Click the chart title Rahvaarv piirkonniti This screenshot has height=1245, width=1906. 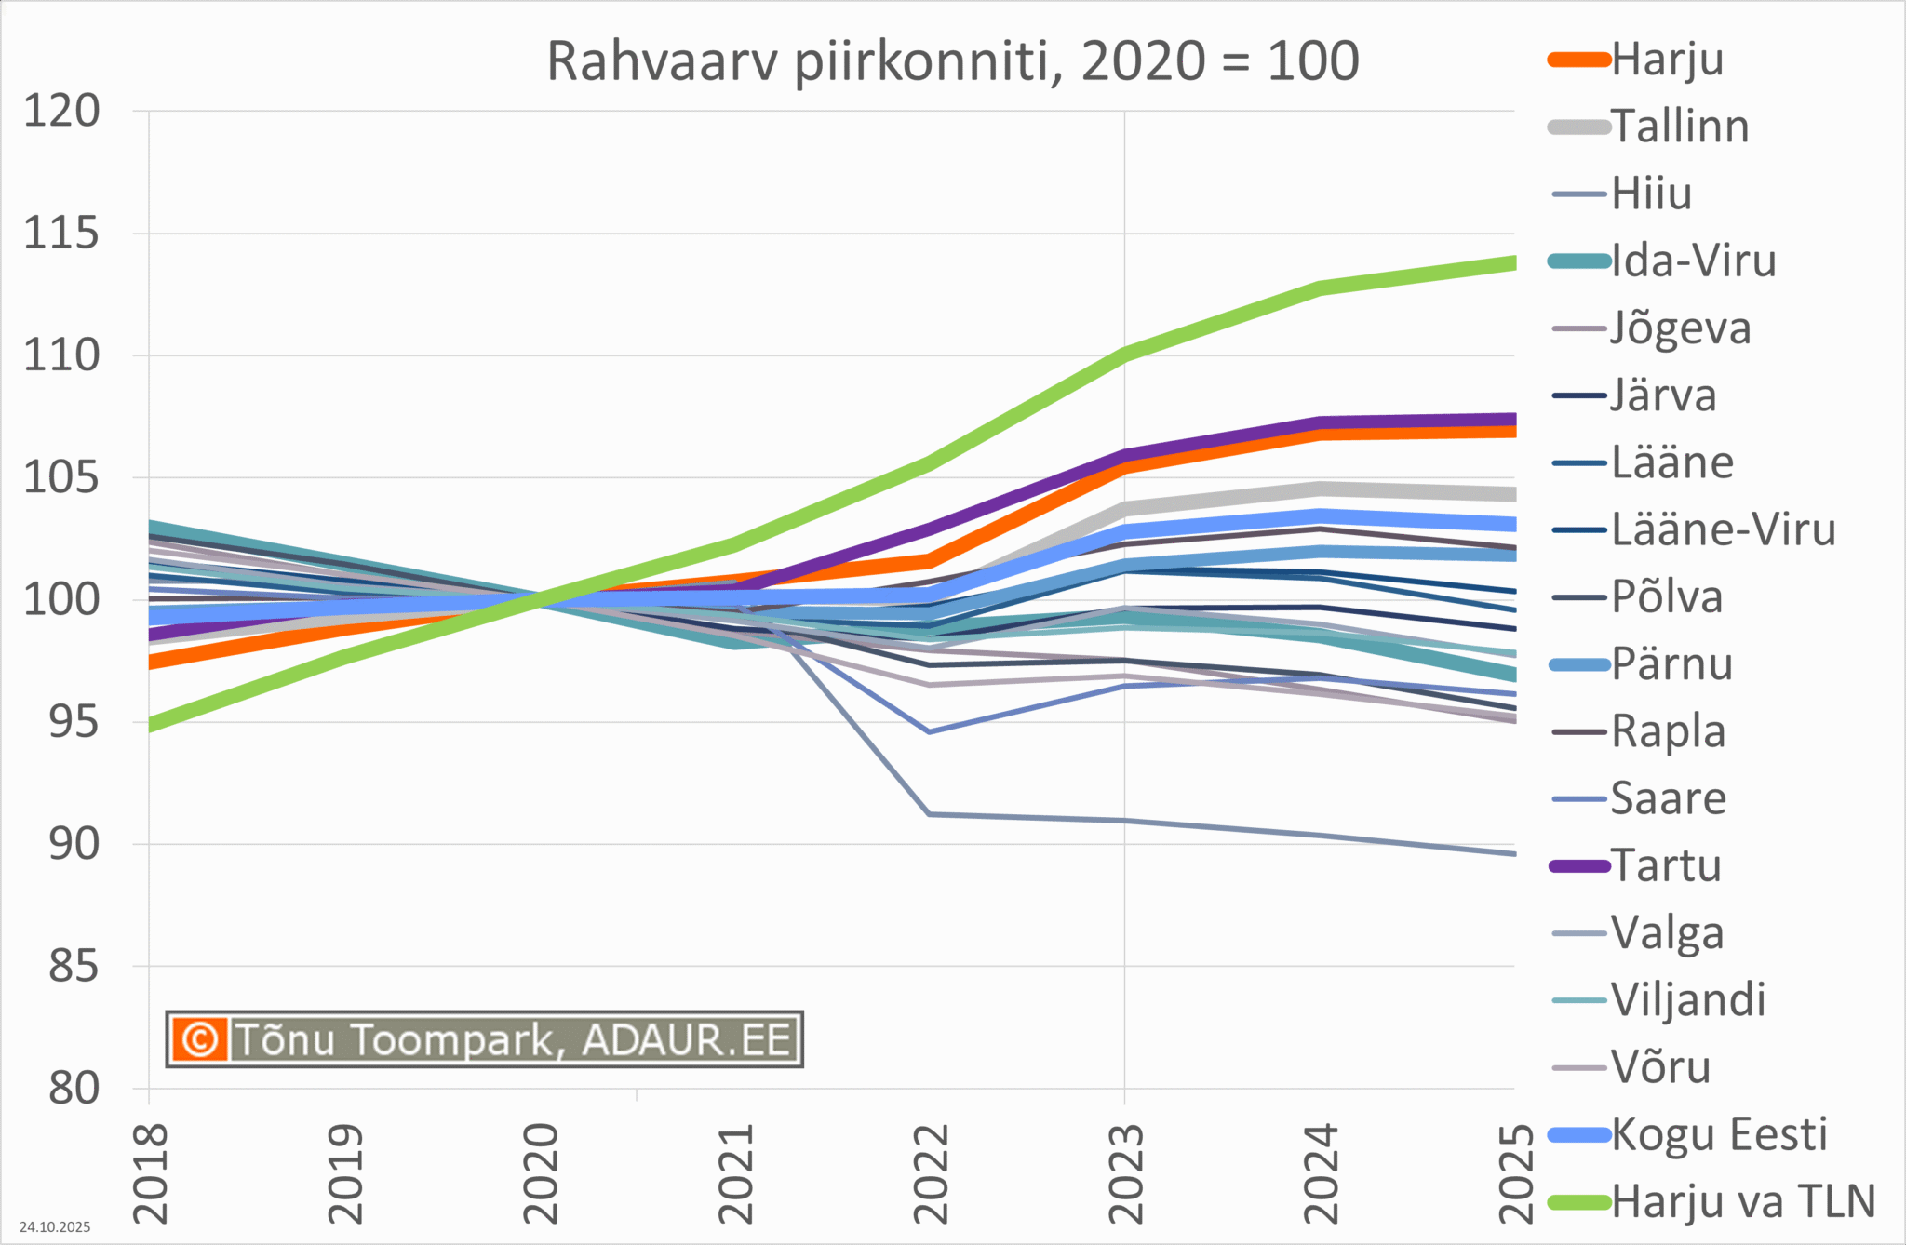(x=951, y=61)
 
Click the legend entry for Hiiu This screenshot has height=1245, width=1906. (x=1651, y=194)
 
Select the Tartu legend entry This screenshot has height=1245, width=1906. (x=1666, y=866)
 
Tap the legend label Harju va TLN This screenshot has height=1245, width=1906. (x=1742, y=1201)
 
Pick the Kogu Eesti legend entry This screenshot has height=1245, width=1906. (x=1718, y=1134)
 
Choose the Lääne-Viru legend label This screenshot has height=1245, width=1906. (x=1723, y=530)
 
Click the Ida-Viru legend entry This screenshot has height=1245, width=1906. (x=1693, y=261)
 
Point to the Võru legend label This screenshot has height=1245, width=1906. (x=1660, y=1067)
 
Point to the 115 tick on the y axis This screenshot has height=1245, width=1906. (x=61, y=234)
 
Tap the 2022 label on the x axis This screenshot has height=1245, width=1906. (x=931, y=1173)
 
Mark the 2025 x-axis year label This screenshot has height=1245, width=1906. (x=1516, y=1173)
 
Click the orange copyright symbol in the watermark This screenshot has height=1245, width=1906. (x=199, y=1038)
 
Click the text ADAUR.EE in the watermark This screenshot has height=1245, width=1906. (x=687, y=1039)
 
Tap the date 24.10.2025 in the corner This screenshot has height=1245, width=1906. (x=55, y=1227)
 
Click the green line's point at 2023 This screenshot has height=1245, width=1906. (x=1125, y=354)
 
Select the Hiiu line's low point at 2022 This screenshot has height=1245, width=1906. (x=931, y=814)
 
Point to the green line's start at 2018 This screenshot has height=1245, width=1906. (x=151, y=724)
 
